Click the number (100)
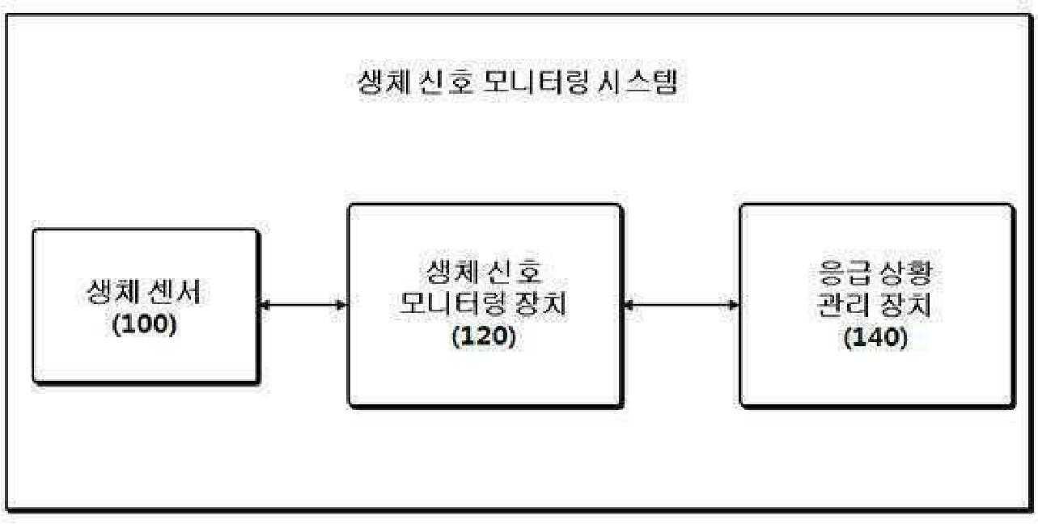[x=144, y=325]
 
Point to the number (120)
[x=484, y=337]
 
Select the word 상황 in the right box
[x=906, y=274]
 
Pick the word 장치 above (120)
[x=543, y=306]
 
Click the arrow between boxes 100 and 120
[x=303, y=305]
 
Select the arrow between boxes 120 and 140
[x=682, y=305]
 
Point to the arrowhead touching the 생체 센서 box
[x=265, y=305]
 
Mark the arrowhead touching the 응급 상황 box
[x=734, y=305]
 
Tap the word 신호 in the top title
[x=447, y=82]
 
